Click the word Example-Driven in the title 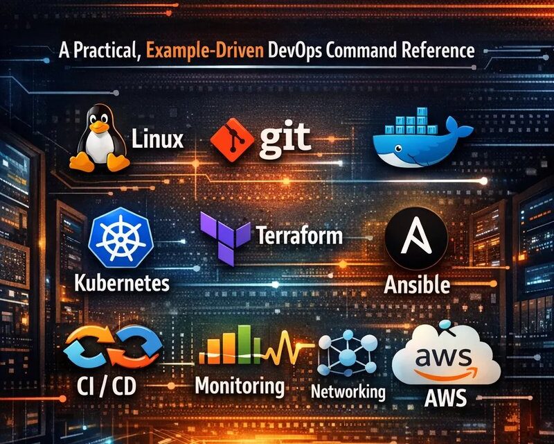pyautogui.click(x=204, y=51)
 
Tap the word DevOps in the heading pyautogui.click(x=295, y=51)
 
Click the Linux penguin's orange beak pyautogui.click(x=99, y=126)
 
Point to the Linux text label pyautogui.click(x=158, y=139)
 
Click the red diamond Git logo pyautogui.click(x=232, y=140)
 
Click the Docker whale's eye pyautogui.click(x=398, y=148)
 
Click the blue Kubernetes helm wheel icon pyautogui.click(x=120, y=237)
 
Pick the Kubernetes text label pyautogui.click(x=122, y=284)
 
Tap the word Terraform pyautogui.click(x=299, y=235)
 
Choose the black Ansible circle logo pyautogui.click(x=416, y=238)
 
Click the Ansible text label pyautogui.click(x=417, y=284)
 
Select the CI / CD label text pyautogui.click(x=107, y=386)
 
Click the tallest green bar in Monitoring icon pyautogui.click(x=244, y=345)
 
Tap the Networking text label pyautogui.click(x=348, y=391)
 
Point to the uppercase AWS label pyautogui.click(x=445, y=398)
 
